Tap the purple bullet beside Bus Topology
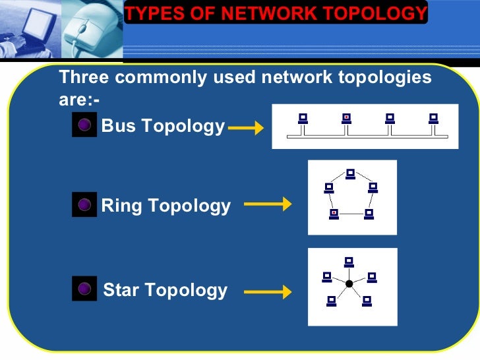tap(84, 126)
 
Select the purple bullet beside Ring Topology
tap(84, 206)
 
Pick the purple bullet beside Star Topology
tap(84, 289)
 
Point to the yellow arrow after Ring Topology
tap(268, 205)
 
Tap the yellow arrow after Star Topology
tap(268, 291)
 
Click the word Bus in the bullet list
tap(119, 126)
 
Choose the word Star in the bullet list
tap(121, 289)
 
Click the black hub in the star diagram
tap(349, 284)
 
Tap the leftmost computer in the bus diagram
tap(303, 119)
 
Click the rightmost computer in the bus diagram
tap(433, 119)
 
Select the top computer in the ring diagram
tap(351, 174)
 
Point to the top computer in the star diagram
tap(349, 262)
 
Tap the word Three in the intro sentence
tap(84, 78)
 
